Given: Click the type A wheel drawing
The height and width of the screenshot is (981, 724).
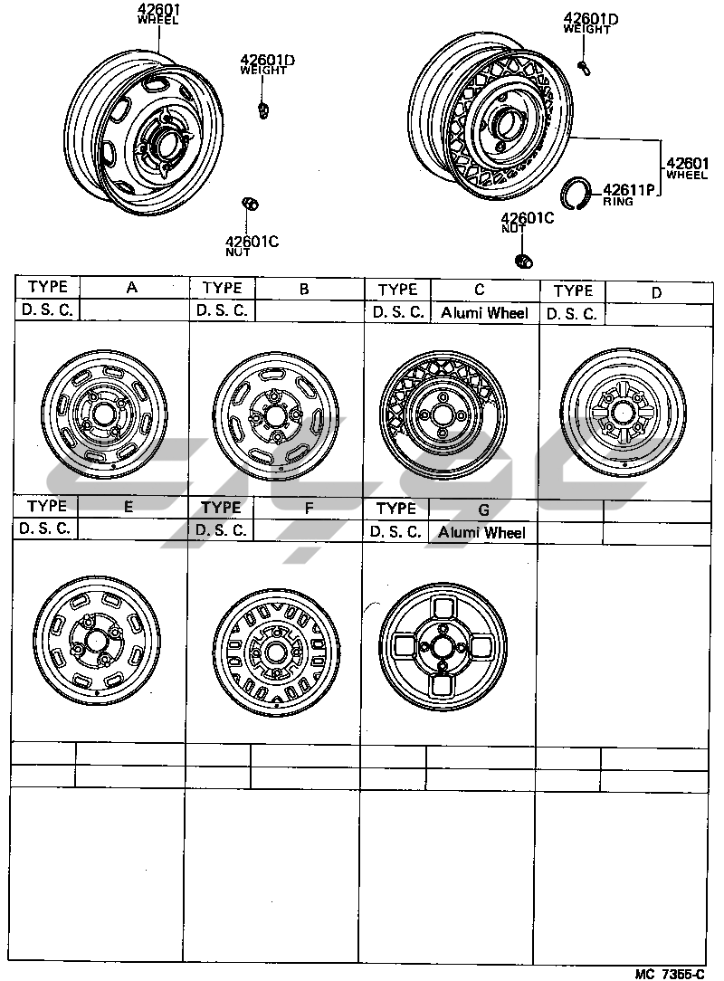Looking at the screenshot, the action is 104,414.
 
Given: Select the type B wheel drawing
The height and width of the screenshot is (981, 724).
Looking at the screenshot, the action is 275,415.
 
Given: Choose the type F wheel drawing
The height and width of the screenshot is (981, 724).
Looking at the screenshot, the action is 275,652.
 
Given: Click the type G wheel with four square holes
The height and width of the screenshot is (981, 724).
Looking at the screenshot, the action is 443,647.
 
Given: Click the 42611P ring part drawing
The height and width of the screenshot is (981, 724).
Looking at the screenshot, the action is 575,194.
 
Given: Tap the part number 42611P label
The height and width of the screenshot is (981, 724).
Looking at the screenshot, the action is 628,189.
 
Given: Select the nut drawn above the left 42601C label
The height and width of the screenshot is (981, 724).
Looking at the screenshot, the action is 251,204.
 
